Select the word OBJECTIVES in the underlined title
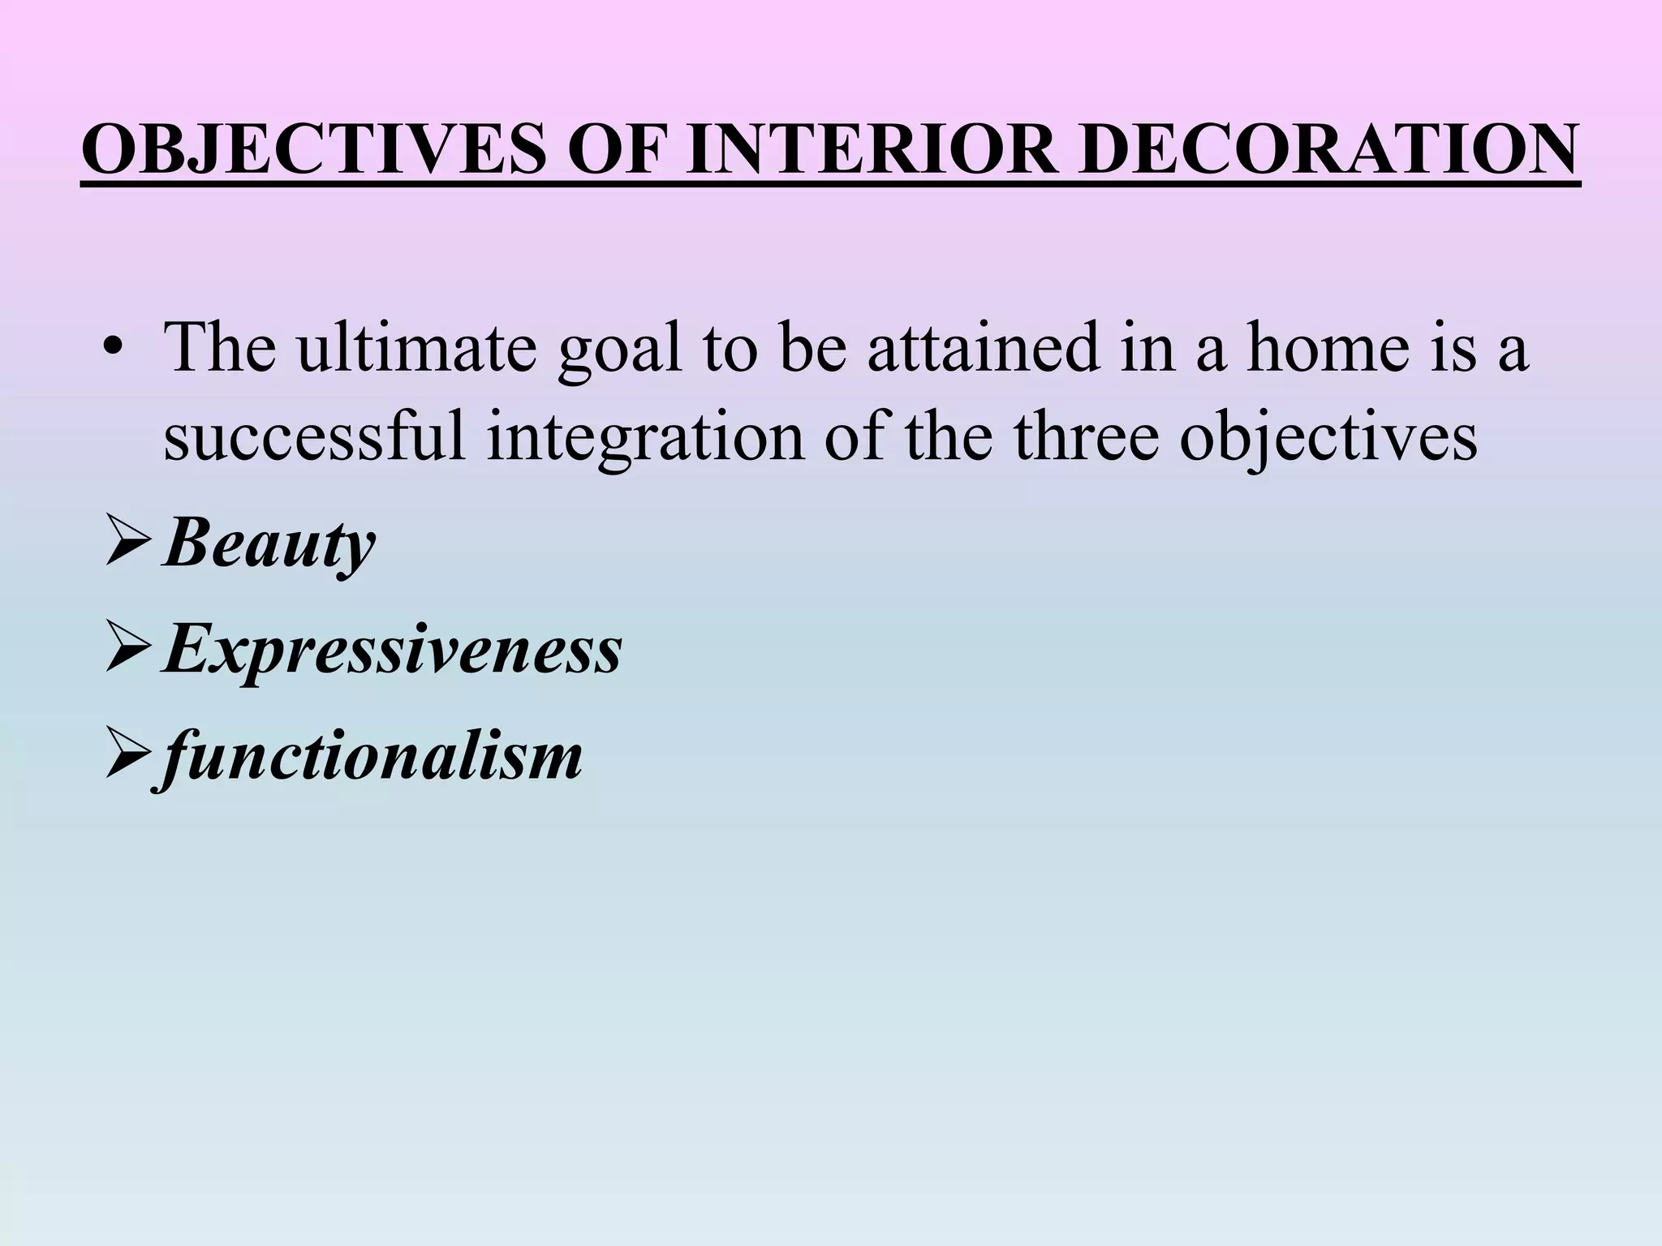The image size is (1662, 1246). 315,151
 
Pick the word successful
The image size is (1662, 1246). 315,437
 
